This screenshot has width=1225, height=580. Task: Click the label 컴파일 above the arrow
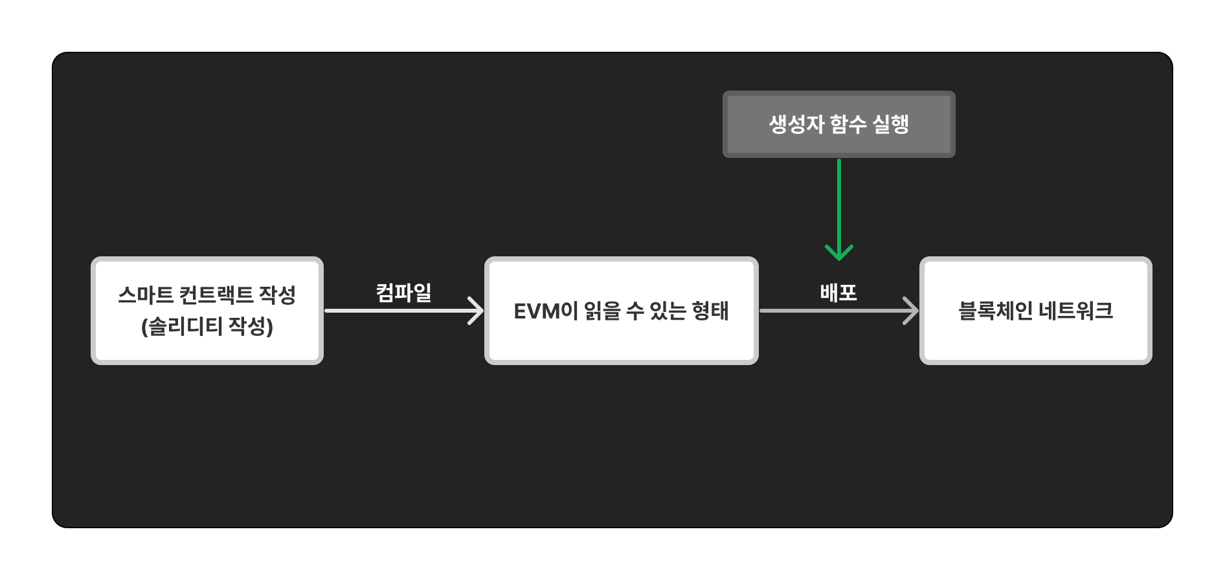tap(404, 293)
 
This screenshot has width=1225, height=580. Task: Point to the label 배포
tap(838, 293)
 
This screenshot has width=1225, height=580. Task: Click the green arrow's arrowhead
tap(839, 253)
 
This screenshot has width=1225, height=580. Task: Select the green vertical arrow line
tap(839, 201)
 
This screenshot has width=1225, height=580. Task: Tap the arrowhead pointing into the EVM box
tap(477, 311)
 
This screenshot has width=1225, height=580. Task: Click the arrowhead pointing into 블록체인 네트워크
tap(912, 311)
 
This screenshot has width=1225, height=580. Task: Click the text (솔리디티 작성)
tap(207, 326)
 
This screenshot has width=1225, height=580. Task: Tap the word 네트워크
tap(1076, 311)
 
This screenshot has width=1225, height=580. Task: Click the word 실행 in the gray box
tap(890, 124)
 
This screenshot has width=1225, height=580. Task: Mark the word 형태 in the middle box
tap(710, 311)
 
